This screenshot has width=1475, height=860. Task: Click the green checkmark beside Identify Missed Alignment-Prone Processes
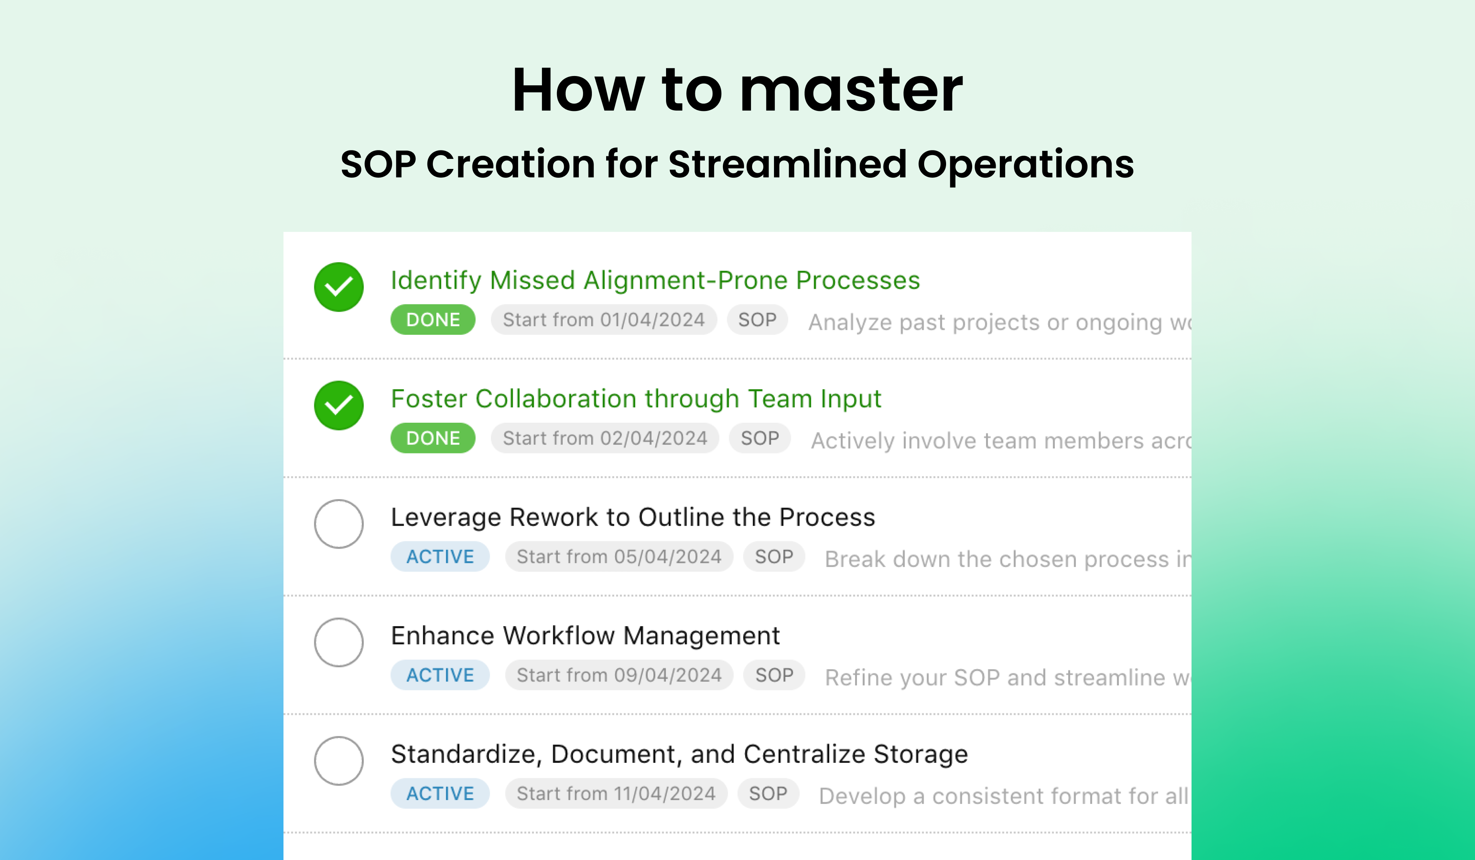(x=338, y=287)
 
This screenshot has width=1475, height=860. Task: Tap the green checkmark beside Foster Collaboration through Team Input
(x=338, y=405)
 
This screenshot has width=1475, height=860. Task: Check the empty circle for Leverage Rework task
(x=338, y=524)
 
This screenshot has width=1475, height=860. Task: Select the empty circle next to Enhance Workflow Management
(x=338, y=642)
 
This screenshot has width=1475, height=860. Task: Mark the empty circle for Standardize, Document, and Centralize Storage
(x=338, y=761)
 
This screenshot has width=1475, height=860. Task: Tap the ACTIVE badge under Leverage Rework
(x=440, y=556)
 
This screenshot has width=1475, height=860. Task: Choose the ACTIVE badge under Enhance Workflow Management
(x=440, y=675)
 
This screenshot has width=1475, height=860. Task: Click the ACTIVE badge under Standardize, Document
(x=440, y=793)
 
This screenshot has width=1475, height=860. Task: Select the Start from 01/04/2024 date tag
(x=603, y=319)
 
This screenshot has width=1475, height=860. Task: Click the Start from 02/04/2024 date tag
(x=605, y=438)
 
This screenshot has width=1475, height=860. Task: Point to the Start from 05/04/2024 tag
(x=619, y=556)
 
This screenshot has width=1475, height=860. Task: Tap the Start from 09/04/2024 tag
(x=619, y=675)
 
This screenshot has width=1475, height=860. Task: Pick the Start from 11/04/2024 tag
(x=616, y=793)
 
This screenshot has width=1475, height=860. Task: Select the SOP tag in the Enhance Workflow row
(x=774, y=675)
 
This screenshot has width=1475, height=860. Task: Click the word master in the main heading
(x=851, y=90)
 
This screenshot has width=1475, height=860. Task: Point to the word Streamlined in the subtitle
(x=788, y=164)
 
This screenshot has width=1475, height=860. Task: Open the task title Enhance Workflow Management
(x=585, y=636)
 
